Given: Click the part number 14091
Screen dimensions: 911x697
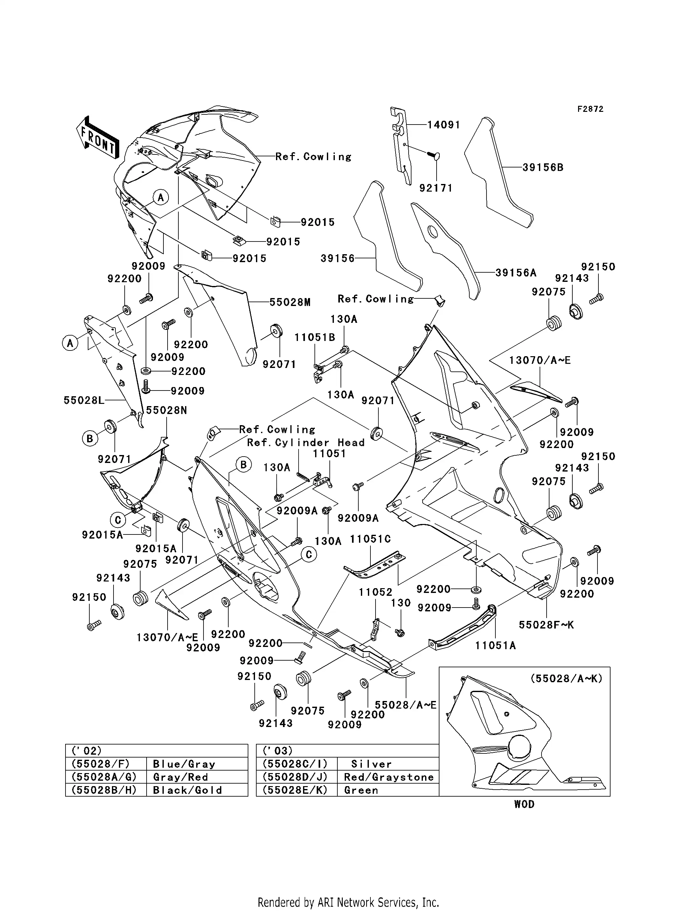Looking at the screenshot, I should click(444, 125).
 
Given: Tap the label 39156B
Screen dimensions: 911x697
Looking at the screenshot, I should click(543, 167).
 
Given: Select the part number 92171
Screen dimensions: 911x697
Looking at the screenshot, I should click(436, 188).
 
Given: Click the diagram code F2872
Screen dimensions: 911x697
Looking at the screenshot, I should click(590, 109).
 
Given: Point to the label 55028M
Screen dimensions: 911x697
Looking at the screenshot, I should click(290, 302).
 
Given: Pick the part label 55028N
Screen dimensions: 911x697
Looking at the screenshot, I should click(166, 410).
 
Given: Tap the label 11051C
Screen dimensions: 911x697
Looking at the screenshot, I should click(370, 539).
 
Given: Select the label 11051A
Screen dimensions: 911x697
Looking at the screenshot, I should click(495, 645).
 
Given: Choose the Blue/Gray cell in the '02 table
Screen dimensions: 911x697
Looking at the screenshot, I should click(184, 764).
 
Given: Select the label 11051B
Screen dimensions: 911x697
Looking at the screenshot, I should click(315, 337).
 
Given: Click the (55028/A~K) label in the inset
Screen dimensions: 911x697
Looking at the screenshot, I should click(566, 678).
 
